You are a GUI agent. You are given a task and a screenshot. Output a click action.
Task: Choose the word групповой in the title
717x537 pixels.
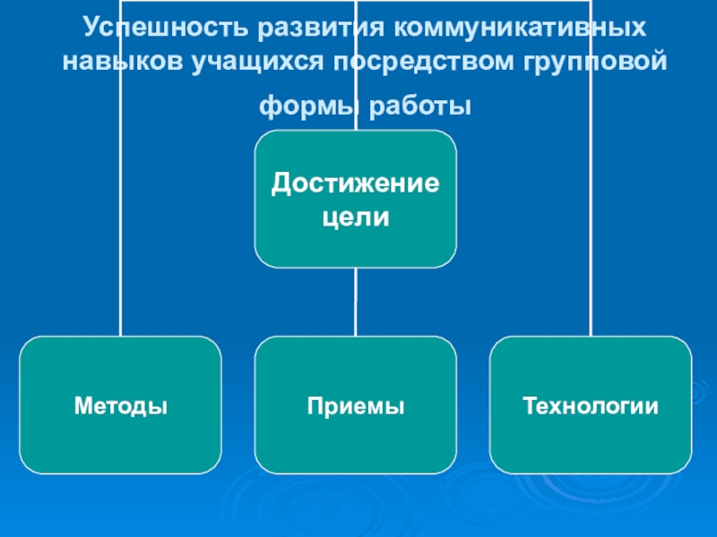[x=590, y=64]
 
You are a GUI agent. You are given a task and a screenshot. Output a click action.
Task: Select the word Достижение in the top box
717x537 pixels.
[x=356, y=184]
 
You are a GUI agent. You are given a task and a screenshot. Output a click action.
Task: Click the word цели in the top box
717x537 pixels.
[x=356, y=217]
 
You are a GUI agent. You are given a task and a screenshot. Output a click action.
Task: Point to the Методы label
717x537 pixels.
[x=121, y=406]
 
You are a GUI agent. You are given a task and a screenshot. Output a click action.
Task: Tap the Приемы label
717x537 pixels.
[x=356, y=406]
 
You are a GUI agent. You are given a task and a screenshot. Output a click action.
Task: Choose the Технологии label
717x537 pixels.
[x=591, y=406]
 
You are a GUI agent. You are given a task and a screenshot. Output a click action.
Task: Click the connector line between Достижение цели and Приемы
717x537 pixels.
[x=356, y=302]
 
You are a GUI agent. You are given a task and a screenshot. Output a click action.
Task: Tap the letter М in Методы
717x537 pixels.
[x=82, y=406]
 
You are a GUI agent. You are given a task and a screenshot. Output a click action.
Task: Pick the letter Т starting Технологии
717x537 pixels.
[x=529, y=406]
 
